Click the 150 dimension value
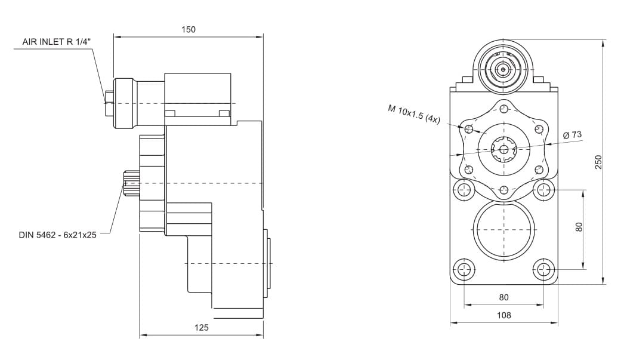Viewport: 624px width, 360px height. [189, 29]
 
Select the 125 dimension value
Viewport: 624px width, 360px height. [202, 327]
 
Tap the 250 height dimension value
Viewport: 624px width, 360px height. [598, 162]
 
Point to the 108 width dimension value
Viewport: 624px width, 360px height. [504, 315]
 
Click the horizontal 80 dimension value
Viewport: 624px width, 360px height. [504, 297]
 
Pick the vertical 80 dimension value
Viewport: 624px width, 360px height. [579, 227]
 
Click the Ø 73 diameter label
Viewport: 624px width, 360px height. [572, 134]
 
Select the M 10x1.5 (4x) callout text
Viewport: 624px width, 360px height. [414, 114]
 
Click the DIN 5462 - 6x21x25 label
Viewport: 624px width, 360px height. [58, 235]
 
